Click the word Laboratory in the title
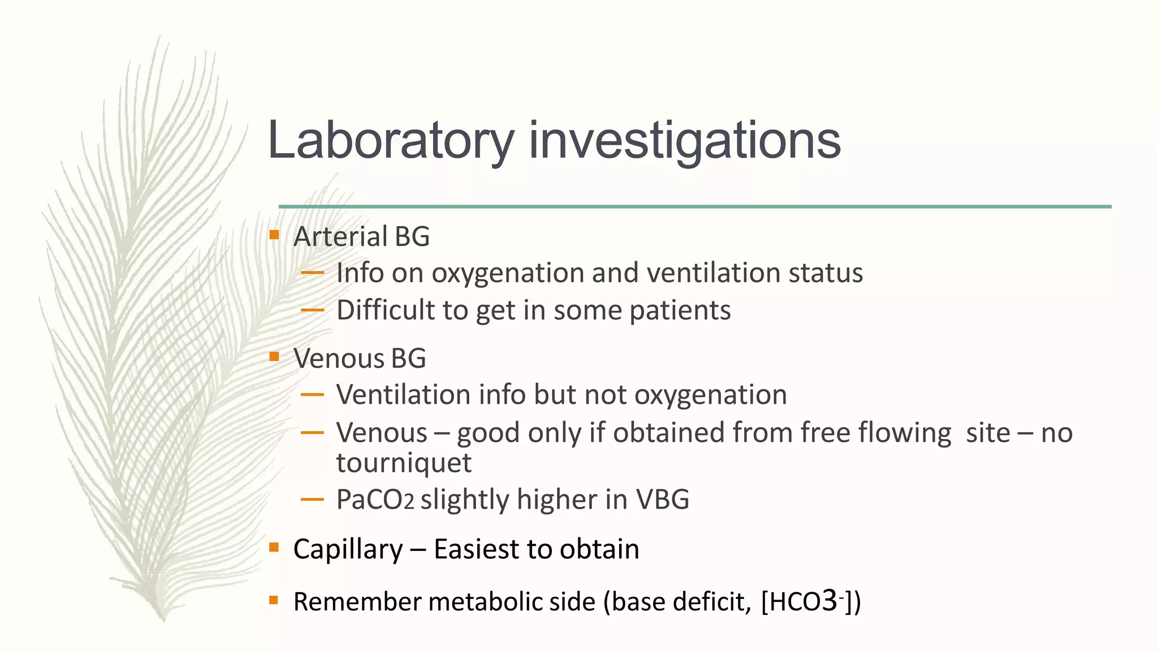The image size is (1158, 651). pyautogui.click(x=390, y=141)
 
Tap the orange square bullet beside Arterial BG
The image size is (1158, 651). pyautogui.click(x=274, y=235)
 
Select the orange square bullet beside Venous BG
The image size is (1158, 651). pyautogui.click(x=274, y=356)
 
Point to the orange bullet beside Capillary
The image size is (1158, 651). pyautogui.click(x=274, y=547)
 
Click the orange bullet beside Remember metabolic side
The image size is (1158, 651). pyautogui.click(x=274, y=600)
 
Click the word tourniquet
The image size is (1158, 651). pyautogui.click(x=404, y=463)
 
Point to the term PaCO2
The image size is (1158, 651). pyautogui.click(x=375, y=500)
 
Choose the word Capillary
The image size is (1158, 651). pyautogui.click(x=348, y=549)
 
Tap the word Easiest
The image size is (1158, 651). pyautogui.click(x=476, y=549)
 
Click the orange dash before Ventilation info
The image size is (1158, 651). pyautogui.click(x=312, y=395)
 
